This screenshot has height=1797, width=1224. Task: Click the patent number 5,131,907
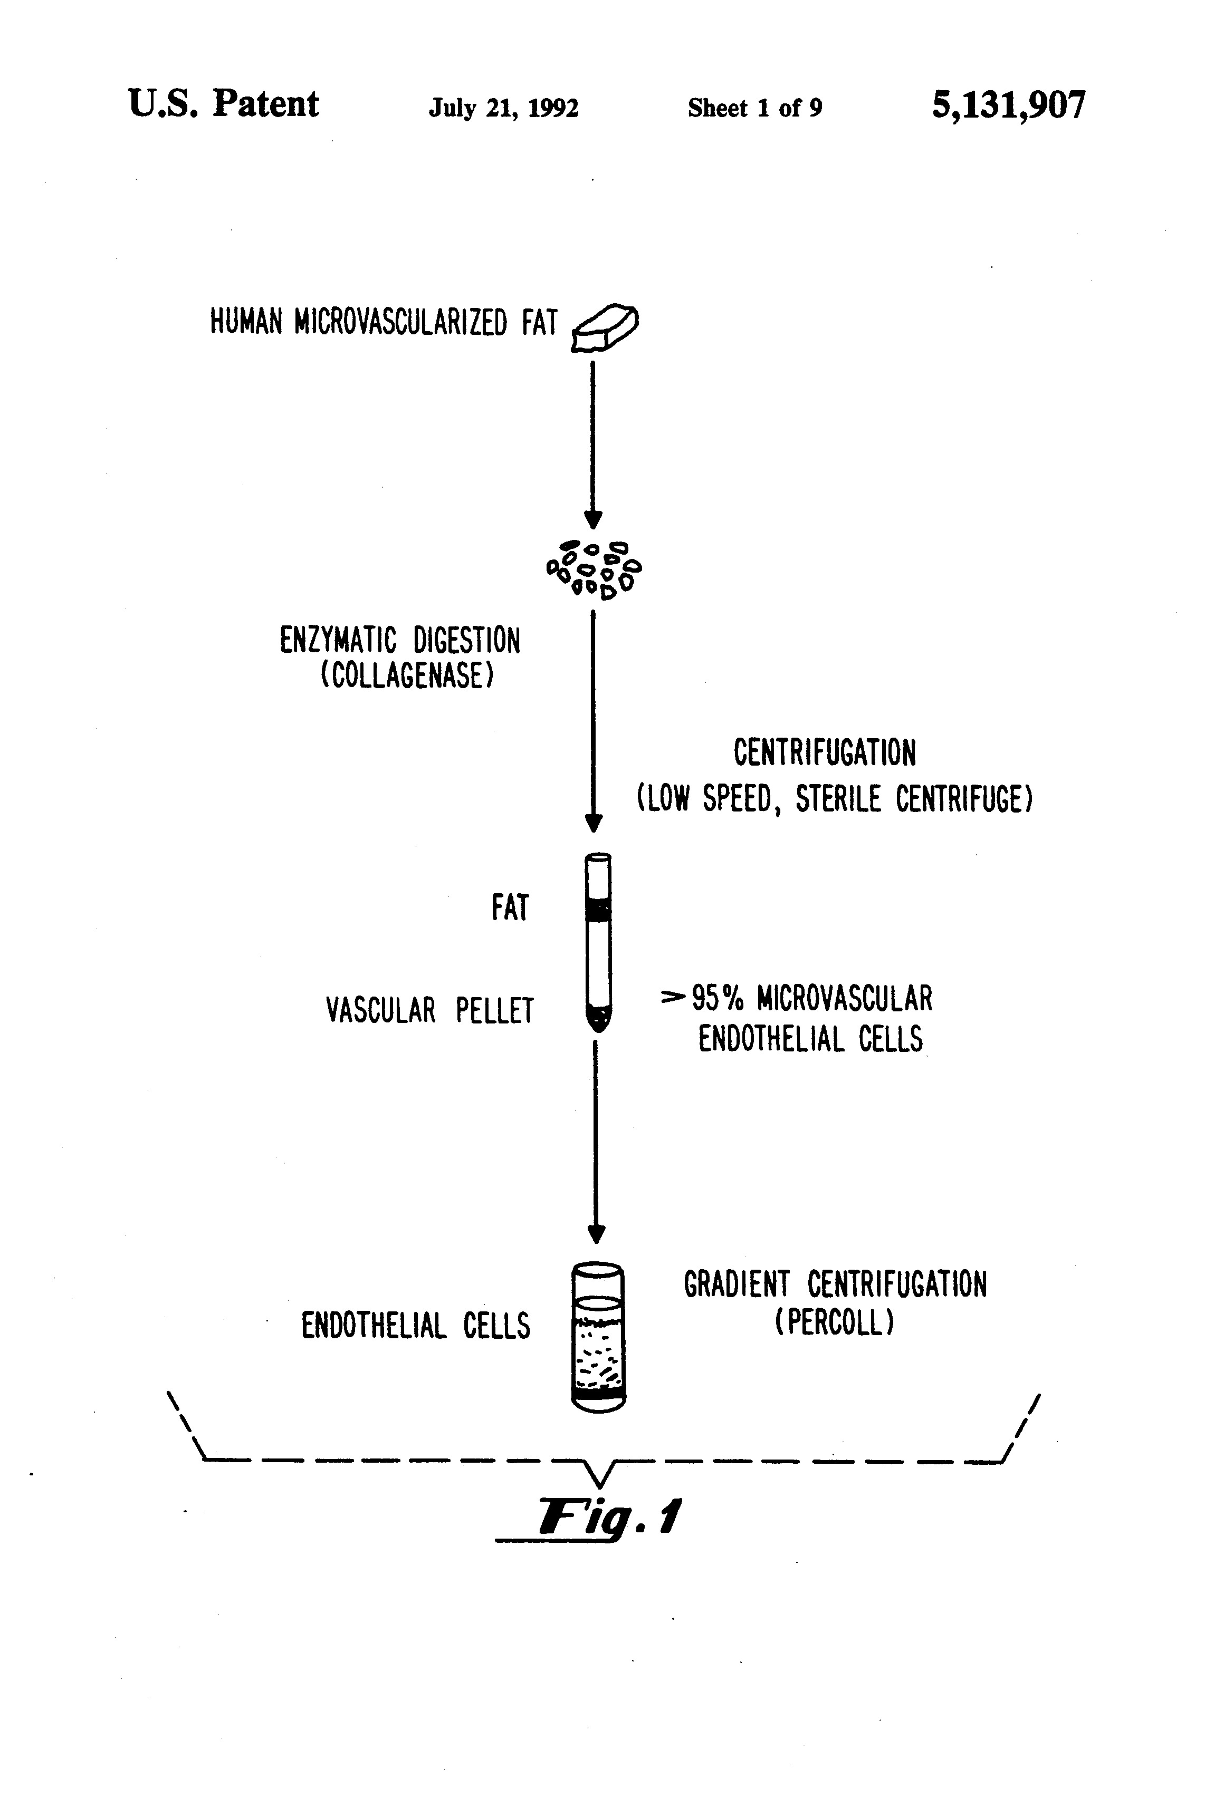coord(1008,105)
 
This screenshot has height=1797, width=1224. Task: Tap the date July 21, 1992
coord(504,108)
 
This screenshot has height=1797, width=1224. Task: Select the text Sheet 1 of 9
coord(754,108)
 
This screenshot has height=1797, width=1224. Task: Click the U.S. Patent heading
coord(223,104)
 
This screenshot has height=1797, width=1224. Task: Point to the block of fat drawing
coord(605,329)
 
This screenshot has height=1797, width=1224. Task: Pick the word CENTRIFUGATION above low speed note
coord(824,752)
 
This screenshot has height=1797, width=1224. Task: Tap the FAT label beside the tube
coord(510,908)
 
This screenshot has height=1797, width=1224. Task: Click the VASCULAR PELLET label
coord(429,1011)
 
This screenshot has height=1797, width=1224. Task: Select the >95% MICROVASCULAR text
coord(797,998)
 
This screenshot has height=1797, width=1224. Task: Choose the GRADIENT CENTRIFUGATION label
coord(835,1285)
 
